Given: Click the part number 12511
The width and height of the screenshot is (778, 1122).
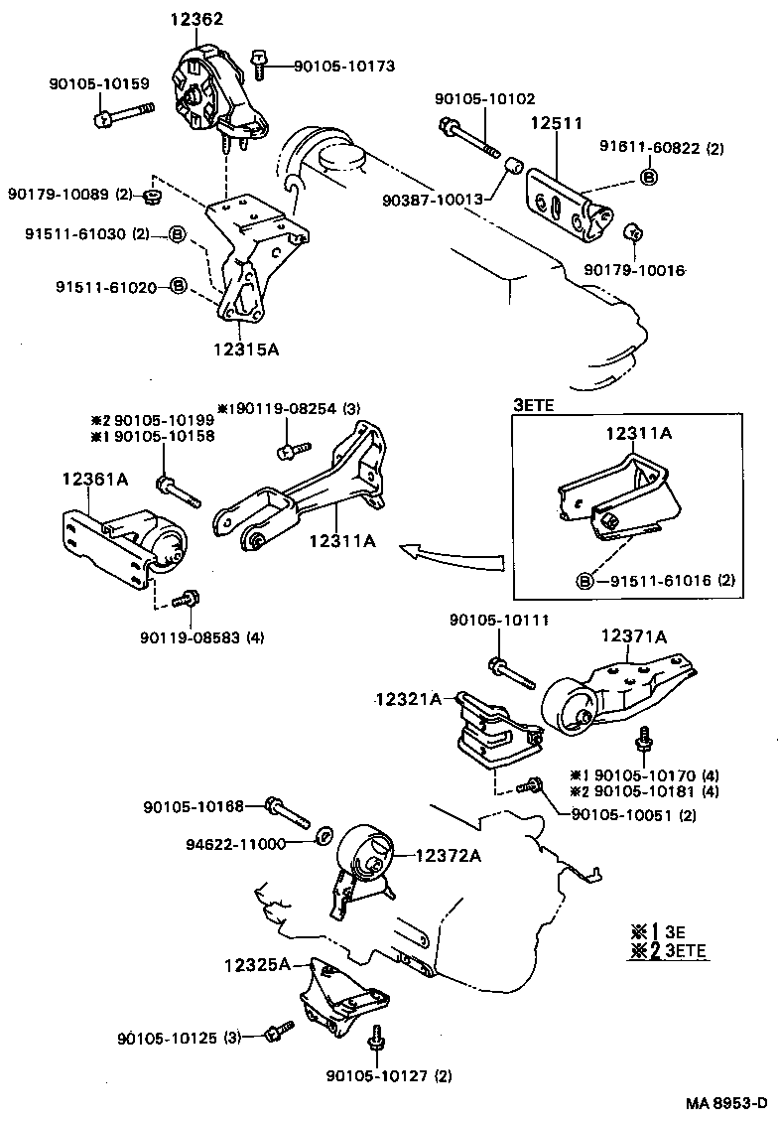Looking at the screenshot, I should [556, 125].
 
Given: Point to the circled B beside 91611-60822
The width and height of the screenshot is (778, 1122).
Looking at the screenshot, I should [647, 178].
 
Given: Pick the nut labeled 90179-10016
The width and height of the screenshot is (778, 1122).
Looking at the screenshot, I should [632, 233].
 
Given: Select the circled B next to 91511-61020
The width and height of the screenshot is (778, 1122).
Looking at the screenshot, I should [179, 287].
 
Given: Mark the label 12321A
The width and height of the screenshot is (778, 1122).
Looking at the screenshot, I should [408, 699].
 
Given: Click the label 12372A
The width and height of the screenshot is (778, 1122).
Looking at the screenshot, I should [448, 855].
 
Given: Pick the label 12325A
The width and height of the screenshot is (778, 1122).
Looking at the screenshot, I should [257, 964].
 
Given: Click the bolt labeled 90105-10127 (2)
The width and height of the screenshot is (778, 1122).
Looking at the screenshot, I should [377, 1039].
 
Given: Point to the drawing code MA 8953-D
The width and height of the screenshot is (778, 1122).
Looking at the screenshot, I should [726, 1103].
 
